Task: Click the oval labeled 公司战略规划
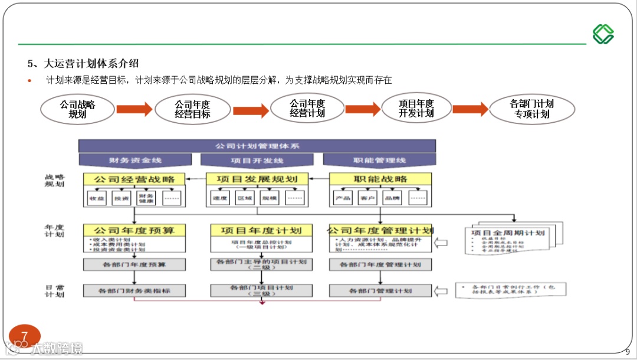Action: pyautogui.click(x=77, y=109)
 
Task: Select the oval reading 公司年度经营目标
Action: pyautogui.click(x=192, y=109)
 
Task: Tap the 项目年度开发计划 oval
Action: pyautogui.click(x=416, y=108)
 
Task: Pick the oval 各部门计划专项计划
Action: pyautogui.click(x=531, y=109)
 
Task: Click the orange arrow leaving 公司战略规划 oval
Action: pyautogui.click(x=134, y=109)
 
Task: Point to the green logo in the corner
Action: pyautogui.click(x=603, y=33)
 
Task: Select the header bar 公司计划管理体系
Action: pyautogui.click(x=257, y=145)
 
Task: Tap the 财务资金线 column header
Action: pyautogui.click(x=135, y=160)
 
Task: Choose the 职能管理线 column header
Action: pyautogui.click(x=379, y=160)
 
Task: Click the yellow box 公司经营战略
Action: pyautogui.click(x=134, y=179)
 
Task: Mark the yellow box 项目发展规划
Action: pyautogui.click(x=257, y=179)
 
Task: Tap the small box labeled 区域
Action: pyautogui.click(x=244, y=199)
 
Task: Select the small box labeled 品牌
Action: pyautogui.click(x=392, y=199)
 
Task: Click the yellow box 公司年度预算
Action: pyautogui.click(x=134, y=230)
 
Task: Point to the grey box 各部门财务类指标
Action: pyautogui.click(x=134, y=290)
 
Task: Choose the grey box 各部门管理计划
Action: pyautogui.click(x=380, y=290)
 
